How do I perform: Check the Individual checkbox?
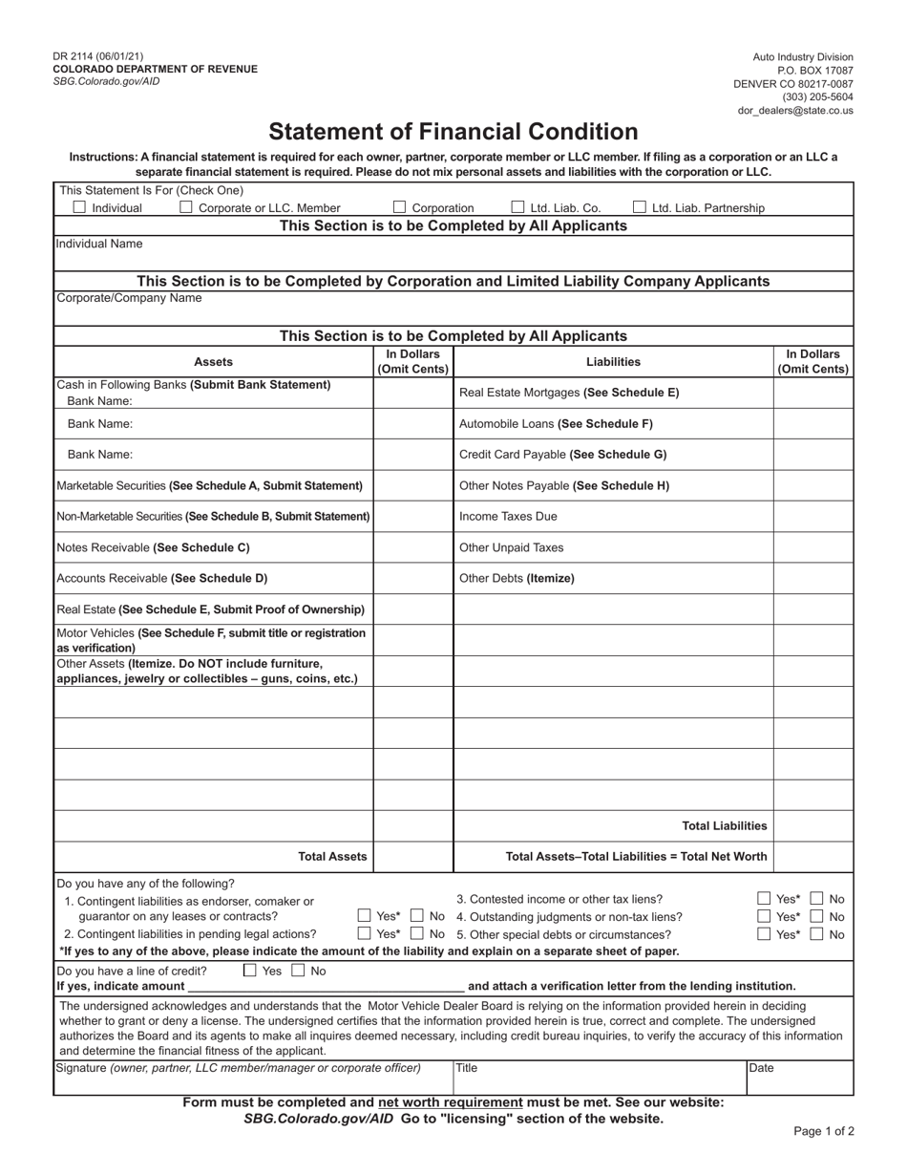[80, 207]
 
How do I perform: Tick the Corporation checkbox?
[400, 207]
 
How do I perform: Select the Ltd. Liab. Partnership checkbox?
[640, 207]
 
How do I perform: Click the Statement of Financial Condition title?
[453, 132]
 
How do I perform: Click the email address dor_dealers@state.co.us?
[795, 111]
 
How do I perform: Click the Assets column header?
[213, 362]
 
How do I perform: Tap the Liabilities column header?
[613, 362]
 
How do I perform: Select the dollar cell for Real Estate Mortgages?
[812, 393]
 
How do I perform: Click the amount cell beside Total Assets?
[412, 857]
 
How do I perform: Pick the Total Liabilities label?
[725, 826]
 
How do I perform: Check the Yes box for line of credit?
[250, 971]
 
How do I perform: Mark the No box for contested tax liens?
[817, 899]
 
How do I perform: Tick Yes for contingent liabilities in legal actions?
[364, 934]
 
